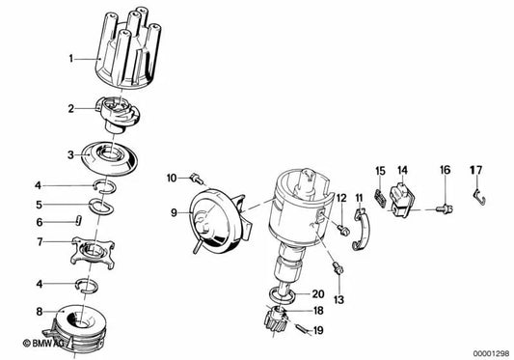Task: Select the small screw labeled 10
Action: click(x=197, y=178)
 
